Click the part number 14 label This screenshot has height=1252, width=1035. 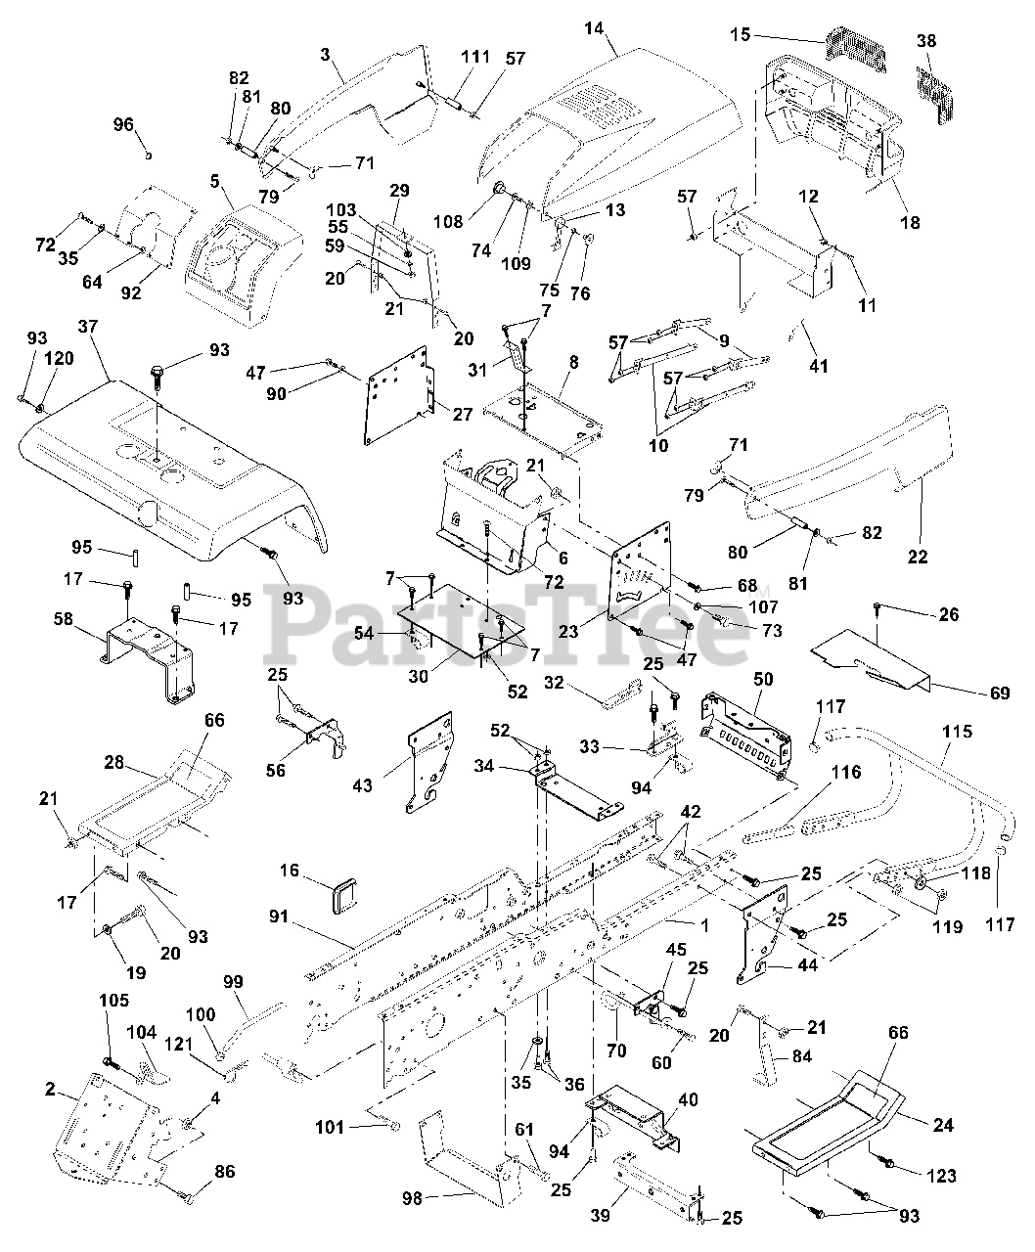pos(594,28)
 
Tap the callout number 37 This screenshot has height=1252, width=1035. pos(87,327)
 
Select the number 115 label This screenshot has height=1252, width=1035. pos(957,732)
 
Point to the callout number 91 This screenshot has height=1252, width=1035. pos(279,917)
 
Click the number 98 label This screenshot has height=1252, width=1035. pos(413,1198)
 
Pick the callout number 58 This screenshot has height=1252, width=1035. pos(64,619)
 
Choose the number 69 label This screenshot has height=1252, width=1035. pos(1000,693)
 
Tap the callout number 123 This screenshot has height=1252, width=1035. pos(941,1176)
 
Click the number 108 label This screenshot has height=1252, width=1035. pos(449,221)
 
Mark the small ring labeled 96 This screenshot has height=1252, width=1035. pos(148,156)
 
